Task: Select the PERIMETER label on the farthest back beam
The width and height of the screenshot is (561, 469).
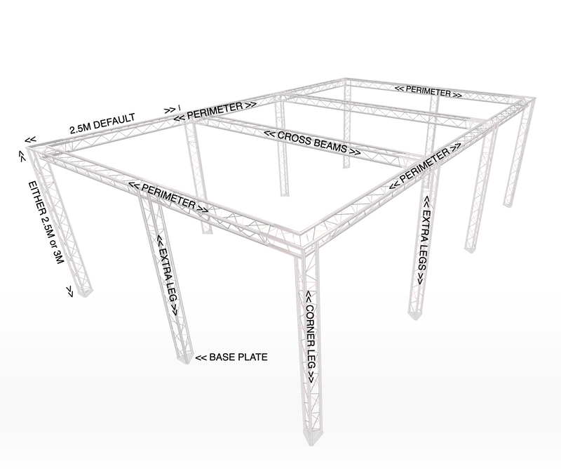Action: coord(428,91)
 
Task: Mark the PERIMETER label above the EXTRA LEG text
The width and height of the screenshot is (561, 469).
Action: coord(168,196)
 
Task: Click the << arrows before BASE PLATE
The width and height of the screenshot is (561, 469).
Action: coord(201,357)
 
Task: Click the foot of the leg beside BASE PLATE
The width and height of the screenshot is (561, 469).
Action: coord(184,358)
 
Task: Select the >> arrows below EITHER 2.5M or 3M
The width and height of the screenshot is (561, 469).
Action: coord(69,291)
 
